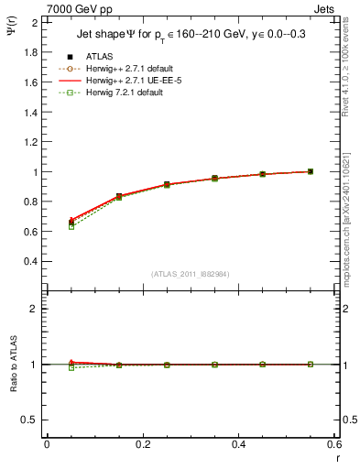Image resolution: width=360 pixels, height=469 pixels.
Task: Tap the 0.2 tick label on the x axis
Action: coord(142,444)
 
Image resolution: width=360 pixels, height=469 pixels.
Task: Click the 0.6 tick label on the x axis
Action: coord(333,444)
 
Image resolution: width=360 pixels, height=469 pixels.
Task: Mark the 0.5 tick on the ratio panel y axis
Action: coord(31,420)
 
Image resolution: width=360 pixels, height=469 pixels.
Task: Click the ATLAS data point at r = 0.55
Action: coord(311,171)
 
